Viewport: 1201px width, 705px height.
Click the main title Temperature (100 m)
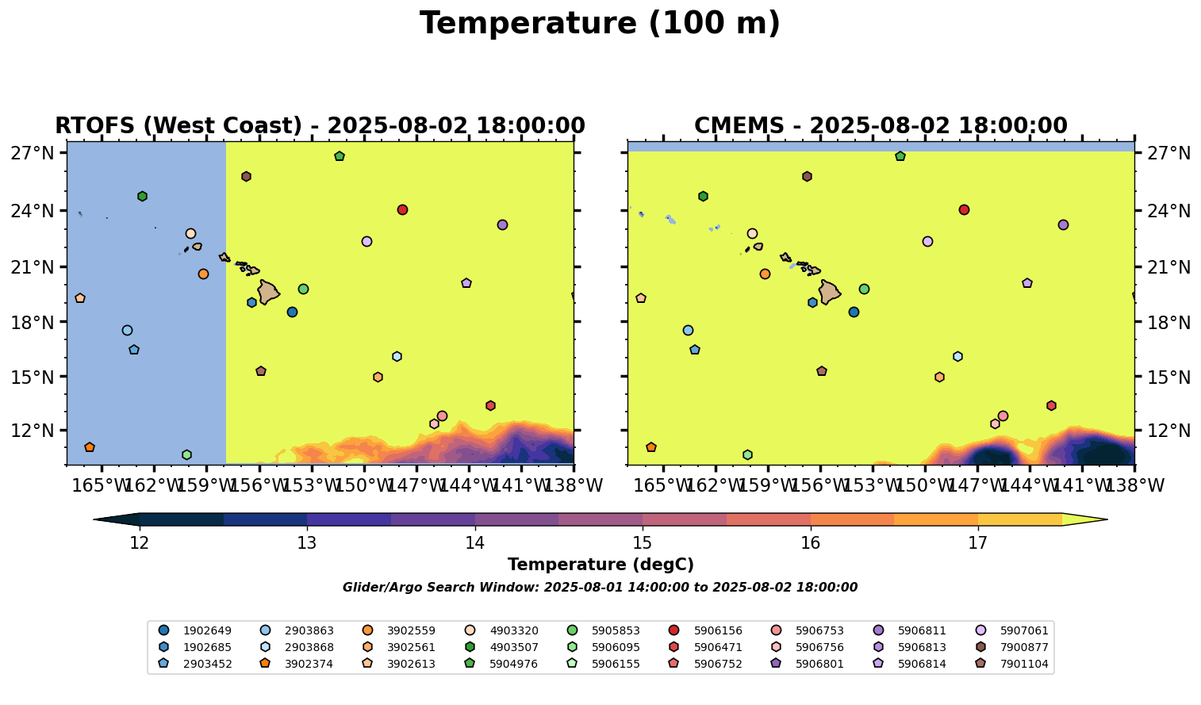point(600,24)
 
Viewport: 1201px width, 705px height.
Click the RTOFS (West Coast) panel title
point(320,126)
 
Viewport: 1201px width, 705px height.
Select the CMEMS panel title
point(881,126)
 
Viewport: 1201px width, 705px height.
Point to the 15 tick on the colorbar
point(643,543)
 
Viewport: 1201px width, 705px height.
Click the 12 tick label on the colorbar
point(140,543)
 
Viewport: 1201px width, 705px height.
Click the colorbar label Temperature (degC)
point(600,565)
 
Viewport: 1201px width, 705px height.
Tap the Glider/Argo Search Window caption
point(600,588)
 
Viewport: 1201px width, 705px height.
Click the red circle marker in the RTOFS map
point(402,209)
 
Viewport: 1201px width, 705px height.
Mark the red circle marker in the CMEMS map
point(964,209)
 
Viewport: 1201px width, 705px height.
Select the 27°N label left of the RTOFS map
point(33,153)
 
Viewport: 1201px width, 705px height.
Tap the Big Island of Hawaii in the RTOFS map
point(267,292)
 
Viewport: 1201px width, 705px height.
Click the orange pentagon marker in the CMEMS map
point(650,447)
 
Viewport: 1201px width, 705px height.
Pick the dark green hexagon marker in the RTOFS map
point(142,196)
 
